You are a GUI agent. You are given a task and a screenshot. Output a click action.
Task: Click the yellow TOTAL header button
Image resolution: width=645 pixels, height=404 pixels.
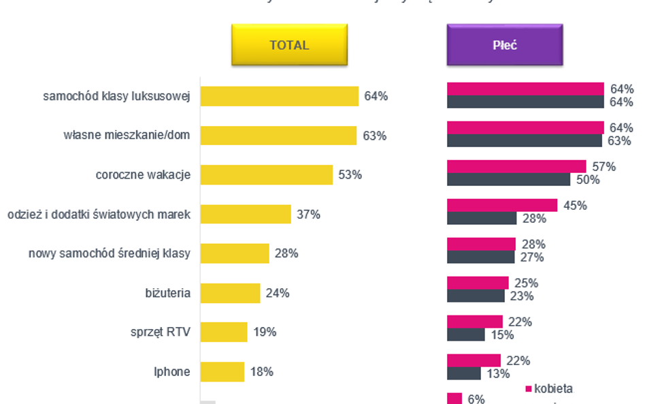coord(289,45)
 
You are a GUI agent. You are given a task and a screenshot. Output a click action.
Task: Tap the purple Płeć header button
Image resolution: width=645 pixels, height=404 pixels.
coord(504,45)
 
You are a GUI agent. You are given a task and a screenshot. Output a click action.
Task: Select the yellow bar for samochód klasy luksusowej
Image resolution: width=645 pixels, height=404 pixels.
coord(279,96)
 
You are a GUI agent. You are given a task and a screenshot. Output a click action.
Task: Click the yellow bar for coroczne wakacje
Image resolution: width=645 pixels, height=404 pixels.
coord(266,174)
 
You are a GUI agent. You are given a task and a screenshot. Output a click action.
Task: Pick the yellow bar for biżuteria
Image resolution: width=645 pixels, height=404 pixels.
coord(230,293)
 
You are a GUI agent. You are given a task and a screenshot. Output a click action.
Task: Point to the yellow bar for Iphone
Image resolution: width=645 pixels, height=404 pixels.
coord(222,371)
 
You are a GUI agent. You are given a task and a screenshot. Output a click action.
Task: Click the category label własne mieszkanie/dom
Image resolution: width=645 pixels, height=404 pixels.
coord(127,136)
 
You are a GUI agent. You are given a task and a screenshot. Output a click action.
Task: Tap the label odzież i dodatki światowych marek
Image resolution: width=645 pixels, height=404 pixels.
coord(99,215)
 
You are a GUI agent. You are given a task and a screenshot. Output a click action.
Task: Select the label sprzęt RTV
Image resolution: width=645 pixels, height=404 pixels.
coord(161,332)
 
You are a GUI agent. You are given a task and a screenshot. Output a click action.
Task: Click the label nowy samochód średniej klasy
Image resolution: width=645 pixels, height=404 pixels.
coord(110,254)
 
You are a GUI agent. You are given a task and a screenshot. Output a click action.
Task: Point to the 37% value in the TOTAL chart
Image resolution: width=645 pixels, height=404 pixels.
coord(308,215)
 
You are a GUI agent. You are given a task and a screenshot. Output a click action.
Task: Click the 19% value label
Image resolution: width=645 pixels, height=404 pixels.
coord(265,332)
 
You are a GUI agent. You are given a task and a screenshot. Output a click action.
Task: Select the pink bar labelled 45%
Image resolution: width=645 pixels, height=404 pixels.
coord(502,205)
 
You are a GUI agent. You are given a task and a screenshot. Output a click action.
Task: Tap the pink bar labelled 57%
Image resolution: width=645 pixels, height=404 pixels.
coord(516,166)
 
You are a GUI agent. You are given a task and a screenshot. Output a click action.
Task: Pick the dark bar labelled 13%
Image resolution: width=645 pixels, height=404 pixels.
coord(464,373)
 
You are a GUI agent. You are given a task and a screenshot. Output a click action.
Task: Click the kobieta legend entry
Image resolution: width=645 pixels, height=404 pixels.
coord(549,389)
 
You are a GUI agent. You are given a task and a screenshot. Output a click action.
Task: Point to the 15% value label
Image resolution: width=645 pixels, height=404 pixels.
coord(503,335)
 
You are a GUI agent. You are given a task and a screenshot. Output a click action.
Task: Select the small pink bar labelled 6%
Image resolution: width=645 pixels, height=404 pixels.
coord(454,399)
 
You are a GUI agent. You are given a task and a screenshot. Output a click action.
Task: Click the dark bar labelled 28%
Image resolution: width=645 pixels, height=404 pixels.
coord(482,218)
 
